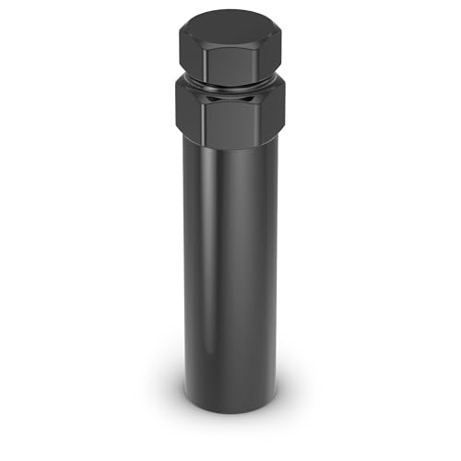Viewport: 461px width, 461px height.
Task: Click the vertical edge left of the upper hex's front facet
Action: point(205,63)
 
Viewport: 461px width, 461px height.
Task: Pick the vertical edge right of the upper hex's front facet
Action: point(255,63)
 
